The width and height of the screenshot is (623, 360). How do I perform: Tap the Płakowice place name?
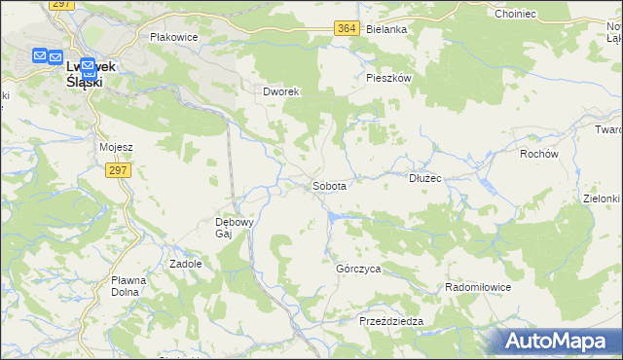click(174, 37)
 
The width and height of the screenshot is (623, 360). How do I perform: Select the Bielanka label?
click(386, 29)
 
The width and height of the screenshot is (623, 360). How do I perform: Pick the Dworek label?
click(283, 91)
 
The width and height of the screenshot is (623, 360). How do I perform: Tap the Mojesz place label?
click(116, 147)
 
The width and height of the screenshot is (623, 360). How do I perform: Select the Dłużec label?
click(425, 178)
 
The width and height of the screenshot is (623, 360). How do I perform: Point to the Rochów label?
click(538, 154)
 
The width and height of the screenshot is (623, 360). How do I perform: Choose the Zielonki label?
click(602, 198)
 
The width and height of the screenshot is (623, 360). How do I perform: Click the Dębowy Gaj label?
click(235, 227)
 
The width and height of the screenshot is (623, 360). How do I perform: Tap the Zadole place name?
click(186, 264)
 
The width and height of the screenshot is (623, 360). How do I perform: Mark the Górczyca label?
click(357, 268)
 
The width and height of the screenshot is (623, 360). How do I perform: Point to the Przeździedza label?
click(390, 321)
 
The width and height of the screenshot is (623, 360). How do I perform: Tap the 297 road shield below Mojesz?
click(118, 170)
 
